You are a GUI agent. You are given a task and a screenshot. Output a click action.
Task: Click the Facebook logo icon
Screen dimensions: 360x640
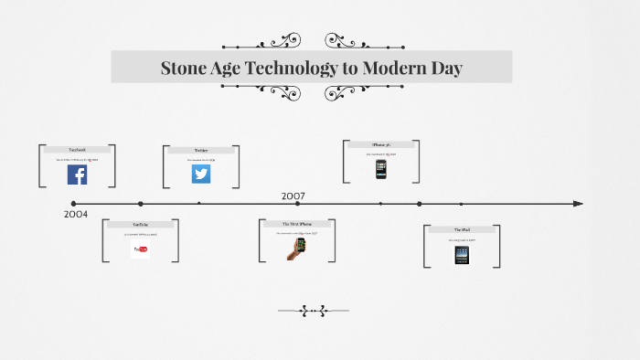pyautogui.click(x=77, y=175)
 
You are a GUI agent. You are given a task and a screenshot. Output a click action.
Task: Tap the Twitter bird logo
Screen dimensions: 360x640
pyautogui.click(x=201, y=174)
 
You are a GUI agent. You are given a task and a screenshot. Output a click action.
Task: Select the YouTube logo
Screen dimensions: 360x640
pyautogui.click(x=141, y=249)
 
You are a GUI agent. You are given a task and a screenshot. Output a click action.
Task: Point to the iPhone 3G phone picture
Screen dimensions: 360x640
pyautogui.click(x=381, y=169)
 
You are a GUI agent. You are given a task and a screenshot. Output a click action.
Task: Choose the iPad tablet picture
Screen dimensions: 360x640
pyautogui.click(x=462, y=255)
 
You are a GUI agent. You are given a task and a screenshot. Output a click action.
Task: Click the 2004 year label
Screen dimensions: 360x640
pyautogui.click(x=77, y=214)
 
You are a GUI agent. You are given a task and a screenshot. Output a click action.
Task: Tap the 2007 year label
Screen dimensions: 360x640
pyautogui.click(x=293, y=196)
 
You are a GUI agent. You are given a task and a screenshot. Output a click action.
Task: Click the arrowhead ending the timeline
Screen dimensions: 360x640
pyautogui.click(x=578, y=204)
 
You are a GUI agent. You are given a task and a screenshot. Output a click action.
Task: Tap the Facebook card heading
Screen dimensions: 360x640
pyautogui.click(x=77, y=149)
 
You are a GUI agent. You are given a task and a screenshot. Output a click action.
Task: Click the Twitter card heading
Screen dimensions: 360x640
pyautogui.click(x=201, y=150)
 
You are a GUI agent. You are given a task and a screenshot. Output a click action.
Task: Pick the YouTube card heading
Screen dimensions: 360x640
pyautogui.click(x=141, y=224)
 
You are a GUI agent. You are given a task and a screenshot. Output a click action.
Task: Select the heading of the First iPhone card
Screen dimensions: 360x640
pyautogui.click(x=293, y=224)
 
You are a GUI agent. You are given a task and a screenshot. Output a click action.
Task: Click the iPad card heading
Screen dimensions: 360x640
pyautogui.click(x=462, y=229)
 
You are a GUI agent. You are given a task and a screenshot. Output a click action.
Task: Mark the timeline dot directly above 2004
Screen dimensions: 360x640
pyautogui.click(x=74, y=204)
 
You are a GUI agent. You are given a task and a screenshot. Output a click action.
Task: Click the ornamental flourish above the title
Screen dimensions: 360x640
pyautogui.click(x=312, y=41)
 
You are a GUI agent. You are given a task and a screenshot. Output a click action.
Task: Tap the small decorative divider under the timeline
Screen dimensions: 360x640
pyautogui.click(x=313, y=311)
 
